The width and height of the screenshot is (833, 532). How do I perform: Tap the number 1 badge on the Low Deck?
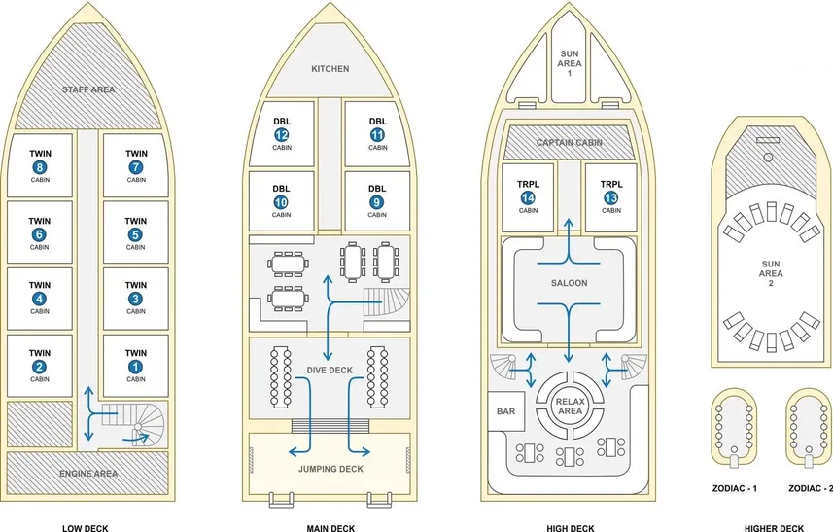[136, 367]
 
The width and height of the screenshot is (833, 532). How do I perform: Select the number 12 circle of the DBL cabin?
[282, 135]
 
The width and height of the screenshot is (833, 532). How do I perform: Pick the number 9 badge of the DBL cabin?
[377, 202]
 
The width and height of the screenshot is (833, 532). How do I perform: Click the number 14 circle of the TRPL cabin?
[528, 197]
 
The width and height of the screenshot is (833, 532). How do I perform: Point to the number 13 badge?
[610, 197]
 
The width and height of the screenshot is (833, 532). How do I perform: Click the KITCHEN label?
[330, 69]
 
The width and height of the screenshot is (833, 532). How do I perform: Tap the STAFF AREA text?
[88, 89]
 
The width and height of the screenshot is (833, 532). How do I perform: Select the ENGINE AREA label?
[88, 473]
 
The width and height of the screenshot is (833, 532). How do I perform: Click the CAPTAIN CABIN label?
[569, 143]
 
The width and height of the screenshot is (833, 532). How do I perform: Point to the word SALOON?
[569, 283]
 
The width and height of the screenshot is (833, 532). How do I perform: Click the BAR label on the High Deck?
[505, 411]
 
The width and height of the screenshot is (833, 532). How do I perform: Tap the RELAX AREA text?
[569, 406]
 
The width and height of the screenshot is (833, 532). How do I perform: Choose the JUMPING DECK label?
[330, 469]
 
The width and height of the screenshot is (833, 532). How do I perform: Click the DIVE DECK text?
[330, 370]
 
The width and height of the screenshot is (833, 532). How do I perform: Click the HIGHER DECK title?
[774, 529]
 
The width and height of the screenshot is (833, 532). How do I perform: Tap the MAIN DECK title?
[330, 529]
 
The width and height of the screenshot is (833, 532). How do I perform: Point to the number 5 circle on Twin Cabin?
[136, 233]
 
